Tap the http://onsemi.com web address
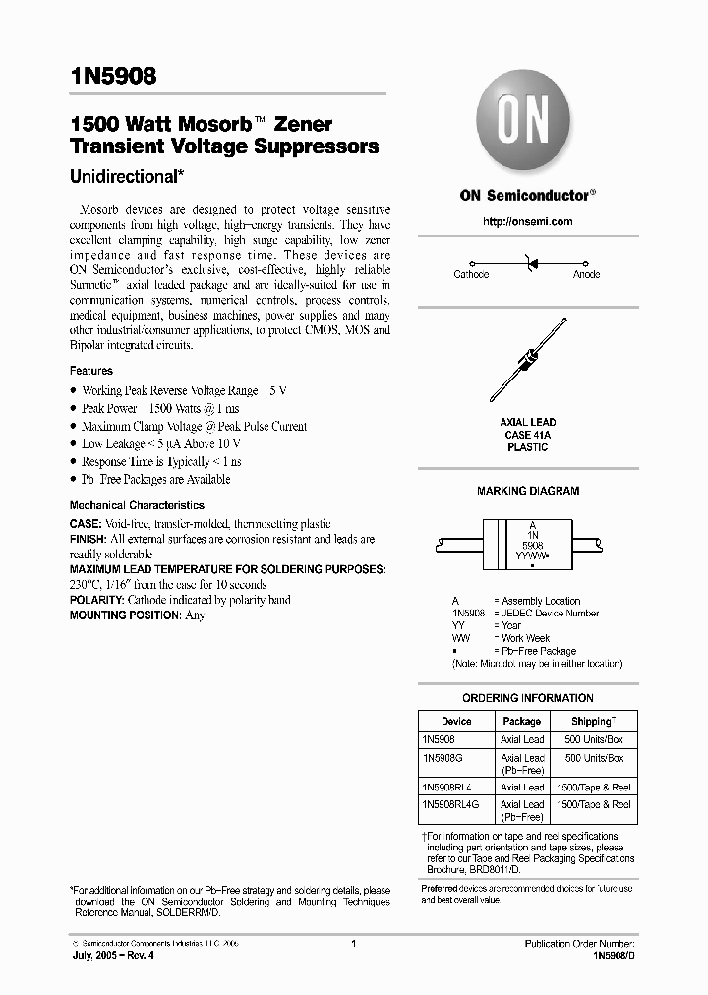point(528,222)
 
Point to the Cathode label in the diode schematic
point(471,275)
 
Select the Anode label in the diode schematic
point(587,275)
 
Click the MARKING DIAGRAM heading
point(528,491)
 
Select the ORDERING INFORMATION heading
point(528,698)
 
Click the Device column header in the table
point(456,721)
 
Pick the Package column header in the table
point(522,721)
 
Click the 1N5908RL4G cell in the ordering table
point(449,804)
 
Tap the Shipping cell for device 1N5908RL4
point(594,787)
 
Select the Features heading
point(90,371)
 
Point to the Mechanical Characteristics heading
point(137,505)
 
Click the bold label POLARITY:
point(96,600)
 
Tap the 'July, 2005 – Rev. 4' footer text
point(114,955)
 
